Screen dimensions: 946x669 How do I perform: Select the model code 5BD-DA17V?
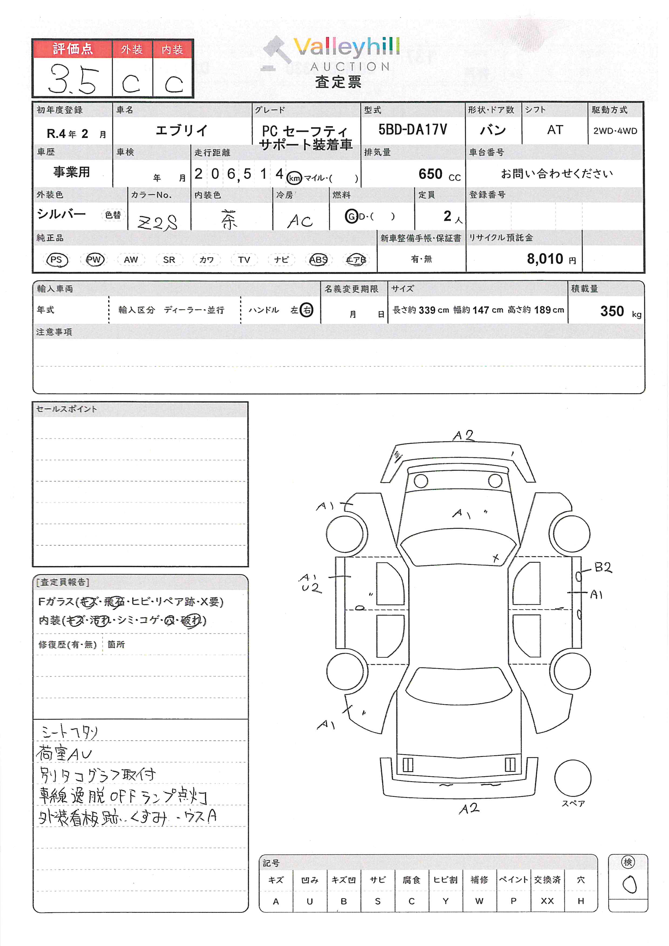click(x=412, y=130)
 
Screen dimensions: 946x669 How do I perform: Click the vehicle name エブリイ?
click(x=182, y=131)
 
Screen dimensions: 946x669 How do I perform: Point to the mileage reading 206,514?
click(x=239, y=174)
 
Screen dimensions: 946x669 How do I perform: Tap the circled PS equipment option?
click(x=56, y=259)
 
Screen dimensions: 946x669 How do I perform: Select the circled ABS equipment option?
click(x=318, y=259)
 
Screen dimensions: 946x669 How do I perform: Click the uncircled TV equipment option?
click(x=244, y=259)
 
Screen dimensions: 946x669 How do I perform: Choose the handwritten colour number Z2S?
click(x=158, y=223)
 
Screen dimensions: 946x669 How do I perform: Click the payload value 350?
click(x=612, y=311)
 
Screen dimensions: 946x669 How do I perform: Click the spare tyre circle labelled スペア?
click(x=573, y=778)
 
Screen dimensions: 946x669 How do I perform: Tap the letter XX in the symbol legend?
click(x=547, y=901)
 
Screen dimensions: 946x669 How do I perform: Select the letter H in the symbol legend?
click(x=581, y=901)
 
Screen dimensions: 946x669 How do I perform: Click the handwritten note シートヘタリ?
click(x=69, y=732)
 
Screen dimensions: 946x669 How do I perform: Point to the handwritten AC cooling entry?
click(x=300, y=221)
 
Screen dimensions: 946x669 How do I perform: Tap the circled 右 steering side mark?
click(x=306, y=310)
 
